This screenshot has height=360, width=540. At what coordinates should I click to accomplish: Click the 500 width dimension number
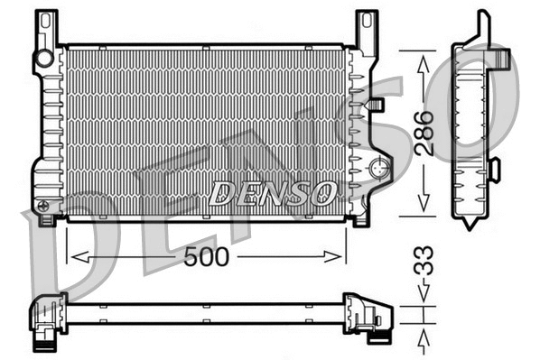pos(207,257)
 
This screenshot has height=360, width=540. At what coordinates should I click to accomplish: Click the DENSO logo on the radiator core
pos(272,191)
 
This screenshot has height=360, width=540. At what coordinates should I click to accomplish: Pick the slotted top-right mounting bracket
pos(366,30)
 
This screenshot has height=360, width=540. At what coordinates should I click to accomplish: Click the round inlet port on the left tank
pos(42,60)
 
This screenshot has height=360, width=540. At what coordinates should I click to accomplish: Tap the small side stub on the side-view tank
pos(494,168)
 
